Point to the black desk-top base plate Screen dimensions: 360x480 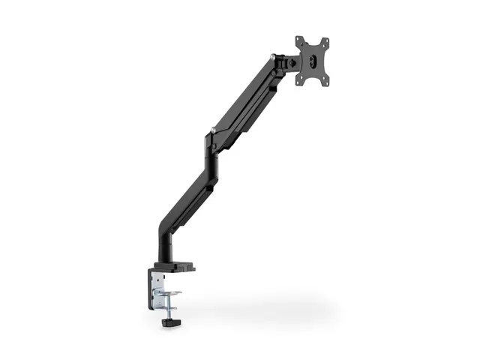177,265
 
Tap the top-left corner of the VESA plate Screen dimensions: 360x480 298,40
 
